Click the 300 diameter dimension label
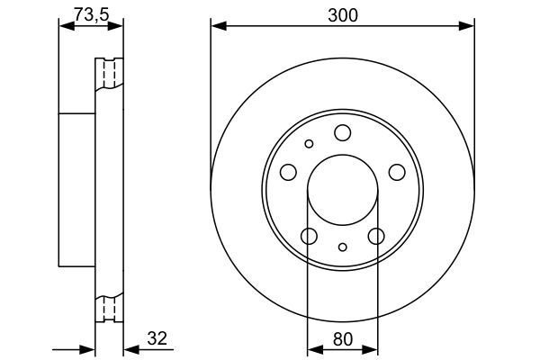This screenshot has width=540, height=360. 341,13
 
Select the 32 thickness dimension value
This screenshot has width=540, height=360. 157,338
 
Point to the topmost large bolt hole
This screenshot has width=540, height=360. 342,133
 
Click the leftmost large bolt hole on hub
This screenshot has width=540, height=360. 289,172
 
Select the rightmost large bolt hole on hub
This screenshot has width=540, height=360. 395,172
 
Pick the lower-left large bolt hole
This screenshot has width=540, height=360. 309,236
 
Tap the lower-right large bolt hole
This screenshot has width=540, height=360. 376,236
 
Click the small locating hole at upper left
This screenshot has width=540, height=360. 309,143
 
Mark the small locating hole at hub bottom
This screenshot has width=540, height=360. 342,247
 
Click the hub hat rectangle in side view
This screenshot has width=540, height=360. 76,190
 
